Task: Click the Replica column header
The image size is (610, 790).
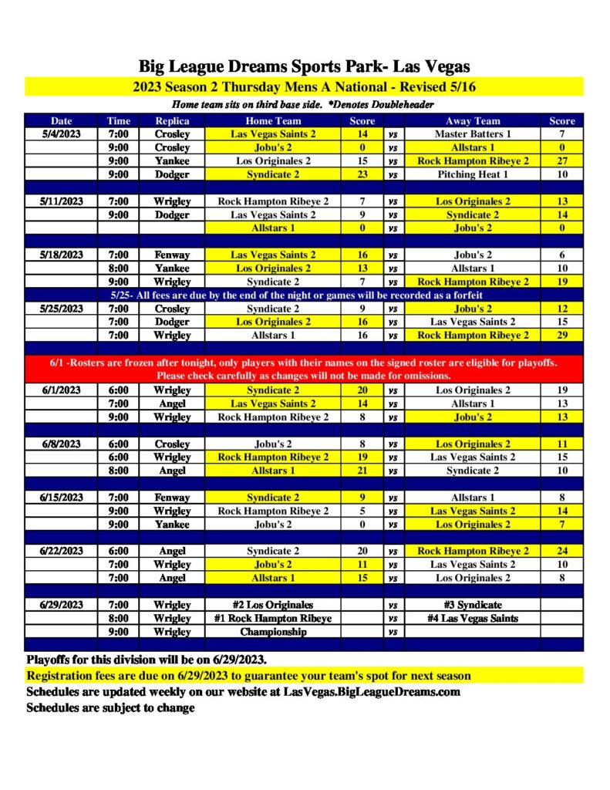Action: point(172,121)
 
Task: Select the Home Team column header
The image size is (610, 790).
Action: point(273,121)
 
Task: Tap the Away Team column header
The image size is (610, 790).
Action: point(473,121)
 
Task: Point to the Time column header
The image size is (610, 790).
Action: point(118,121)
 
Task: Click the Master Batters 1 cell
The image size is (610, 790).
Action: point(473,134)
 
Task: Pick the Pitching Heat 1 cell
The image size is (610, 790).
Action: point(473,174)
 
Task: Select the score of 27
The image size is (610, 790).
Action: point(561,161)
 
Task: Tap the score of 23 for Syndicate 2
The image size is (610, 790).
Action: point(362,174)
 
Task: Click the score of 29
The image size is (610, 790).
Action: point(561,336)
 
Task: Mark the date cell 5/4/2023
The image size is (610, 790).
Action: point(61,134)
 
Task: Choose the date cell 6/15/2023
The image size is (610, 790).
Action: point(61,498)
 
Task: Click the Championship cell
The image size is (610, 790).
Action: point(273,632)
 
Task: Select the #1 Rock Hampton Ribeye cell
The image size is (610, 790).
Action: point(273,618)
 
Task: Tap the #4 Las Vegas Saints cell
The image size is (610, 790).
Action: point(473,618)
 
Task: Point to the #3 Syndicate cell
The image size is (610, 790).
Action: point(473,605)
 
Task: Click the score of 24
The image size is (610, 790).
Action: point(561,551)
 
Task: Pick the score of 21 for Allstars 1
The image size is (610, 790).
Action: point(362,471)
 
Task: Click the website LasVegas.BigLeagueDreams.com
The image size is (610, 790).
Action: point(372,692)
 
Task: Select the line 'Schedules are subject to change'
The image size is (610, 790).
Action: point(110,708)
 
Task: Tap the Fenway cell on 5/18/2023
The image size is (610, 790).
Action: point(172,255)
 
